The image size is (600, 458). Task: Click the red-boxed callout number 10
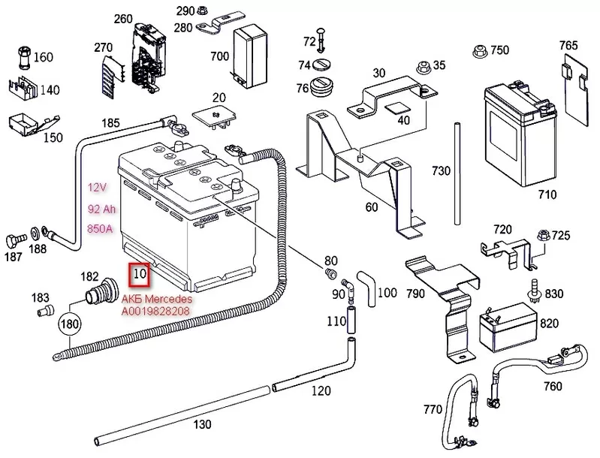(x=140, y=275)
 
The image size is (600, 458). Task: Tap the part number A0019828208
(x=155, y=309)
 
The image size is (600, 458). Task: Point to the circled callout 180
(x=69, y=325)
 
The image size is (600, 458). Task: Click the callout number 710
(x=547, y=195)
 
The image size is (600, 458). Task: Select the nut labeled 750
(x=477, y=52)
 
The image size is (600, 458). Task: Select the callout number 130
(x=202, y=424)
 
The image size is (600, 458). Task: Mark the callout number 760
(x=552, y=387)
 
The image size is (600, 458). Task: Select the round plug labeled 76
(x=324, y=89)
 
